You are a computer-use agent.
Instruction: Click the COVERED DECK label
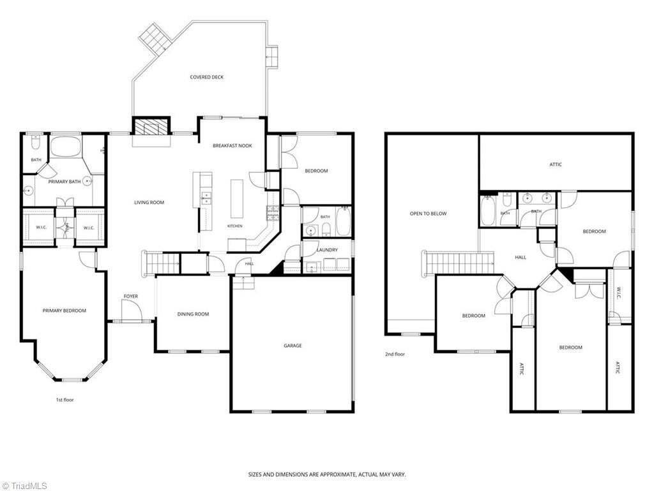pos(206,77)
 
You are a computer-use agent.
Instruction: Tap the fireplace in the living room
pos(151,126)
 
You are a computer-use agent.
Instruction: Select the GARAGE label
pos(293,346)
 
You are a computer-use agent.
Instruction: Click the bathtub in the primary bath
pos(66,146)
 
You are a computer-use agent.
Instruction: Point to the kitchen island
pos(236,198)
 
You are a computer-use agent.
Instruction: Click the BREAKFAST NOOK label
pos(232,146)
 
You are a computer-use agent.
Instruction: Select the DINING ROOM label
pos(193,314)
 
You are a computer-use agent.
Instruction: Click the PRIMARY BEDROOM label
pos(65,311)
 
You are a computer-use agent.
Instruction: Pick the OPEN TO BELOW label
pos(428,214)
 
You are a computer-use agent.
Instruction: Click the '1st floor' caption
pos(65,400)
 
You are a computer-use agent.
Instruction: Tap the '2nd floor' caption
pos(395,354)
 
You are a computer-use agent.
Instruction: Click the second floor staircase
pos(457,263)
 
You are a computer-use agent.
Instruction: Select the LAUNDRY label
pos(327,250)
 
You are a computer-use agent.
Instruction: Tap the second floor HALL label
pos(520,258)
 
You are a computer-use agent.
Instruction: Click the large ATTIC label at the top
pos(556,164)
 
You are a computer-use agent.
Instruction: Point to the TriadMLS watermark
pos(24,486)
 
